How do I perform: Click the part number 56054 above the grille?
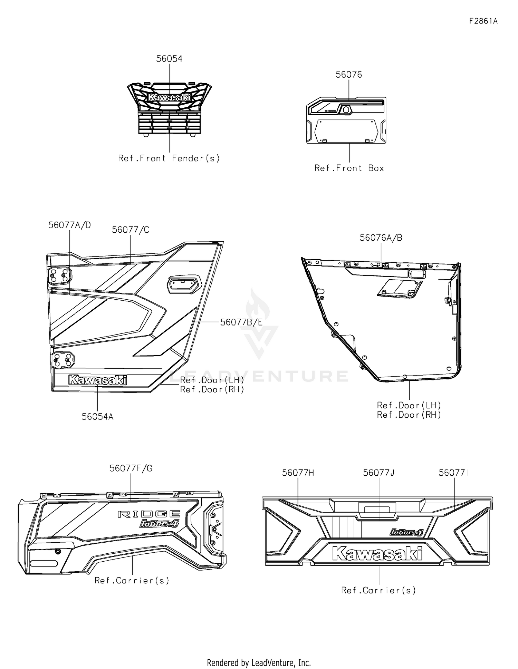click(x=169, y=59)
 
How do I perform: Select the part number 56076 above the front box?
click(x=349, y=75)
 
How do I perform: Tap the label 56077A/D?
click(x=70, y=225)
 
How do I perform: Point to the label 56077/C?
click(x=131, y=230)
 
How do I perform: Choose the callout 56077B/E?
click(x=241, y=322)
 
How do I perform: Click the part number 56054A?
click(x=97, y=417)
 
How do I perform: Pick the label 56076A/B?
click(x=381, y=238)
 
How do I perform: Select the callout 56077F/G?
click(x=131, y=468)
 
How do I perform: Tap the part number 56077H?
click(x=298, y=473)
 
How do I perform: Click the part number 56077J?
click(x=378, y=473)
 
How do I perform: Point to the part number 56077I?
click(x=454, y=473)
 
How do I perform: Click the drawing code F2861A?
click(x=483, y=21)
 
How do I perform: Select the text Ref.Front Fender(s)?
click(x=169, y=158)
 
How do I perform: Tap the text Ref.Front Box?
click(x=349, y=168)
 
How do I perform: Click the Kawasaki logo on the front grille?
click(x=169, y=97)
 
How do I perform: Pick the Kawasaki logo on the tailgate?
click(x=377, y=553)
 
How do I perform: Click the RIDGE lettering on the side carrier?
click(x=149, y=514)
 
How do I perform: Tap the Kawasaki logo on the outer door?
click(x=97, y=380)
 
